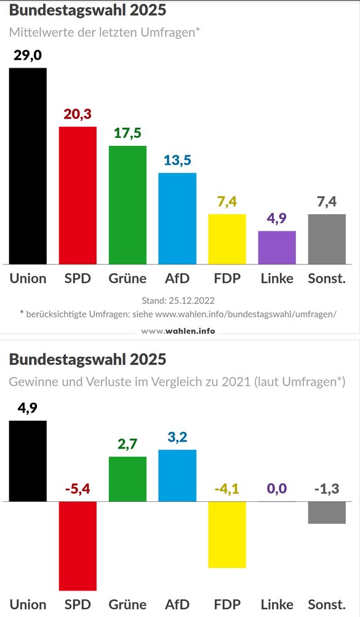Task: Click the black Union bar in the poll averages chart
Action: click(x=28, y=165)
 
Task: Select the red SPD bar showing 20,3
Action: click(x=78, y=195)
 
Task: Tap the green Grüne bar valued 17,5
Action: click(x=127, y=204)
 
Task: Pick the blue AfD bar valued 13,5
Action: click(x=177, y=218)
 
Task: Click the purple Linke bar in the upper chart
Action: click(x=277, y=247)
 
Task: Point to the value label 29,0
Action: click(x=28, y=56)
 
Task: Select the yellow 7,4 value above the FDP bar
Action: click(x=227, y=202)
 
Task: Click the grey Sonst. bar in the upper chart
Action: click(x=327, y=239)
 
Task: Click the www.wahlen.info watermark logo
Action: click(x=178, y=331)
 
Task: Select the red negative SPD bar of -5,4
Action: click(x=78, y=546)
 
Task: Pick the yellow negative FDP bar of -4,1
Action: click(x=227, y=535)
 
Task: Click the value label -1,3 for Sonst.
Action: click(x=327, y=489)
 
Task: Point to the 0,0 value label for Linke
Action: click(x=277, y=489)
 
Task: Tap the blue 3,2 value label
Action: click(x=177, y=437)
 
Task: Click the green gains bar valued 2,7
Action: click(x=127, y=479)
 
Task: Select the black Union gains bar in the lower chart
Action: click(x=28, y=461)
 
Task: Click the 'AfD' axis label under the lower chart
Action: click(x=177, y=604)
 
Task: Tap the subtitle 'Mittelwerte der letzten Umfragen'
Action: click(x=105, y=32)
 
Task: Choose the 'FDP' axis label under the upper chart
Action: click(x=227, y=278)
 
